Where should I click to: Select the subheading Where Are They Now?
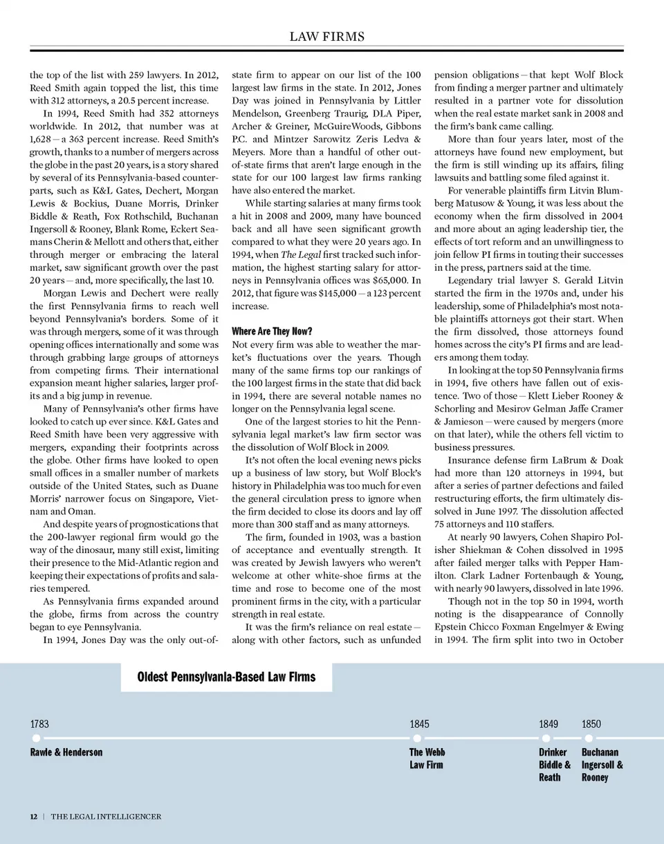[x=273, y=331]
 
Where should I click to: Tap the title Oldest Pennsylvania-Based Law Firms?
[x=226, y=677]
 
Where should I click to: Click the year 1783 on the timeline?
[x=39, y=724]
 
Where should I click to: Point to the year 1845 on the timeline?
[x=419, y=724]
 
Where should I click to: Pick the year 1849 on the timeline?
[x=548, y=724]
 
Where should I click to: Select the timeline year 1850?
[x=591, y=724]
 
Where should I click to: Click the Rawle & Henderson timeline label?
[x=66, y=752]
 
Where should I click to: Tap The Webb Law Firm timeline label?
[x=427, y=758]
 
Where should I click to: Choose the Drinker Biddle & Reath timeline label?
[x=555, y=765]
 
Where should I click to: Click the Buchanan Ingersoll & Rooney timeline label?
[x=602, y=765]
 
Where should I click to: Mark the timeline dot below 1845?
[x=417, y=738]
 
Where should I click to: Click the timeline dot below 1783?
[x=36, y=738]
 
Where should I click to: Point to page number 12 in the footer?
[x=33, y=816]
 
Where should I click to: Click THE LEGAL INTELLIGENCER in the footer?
[x=106, y=816]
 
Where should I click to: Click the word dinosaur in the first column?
[x=95, y=550]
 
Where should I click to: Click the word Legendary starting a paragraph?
[x=473, y=280]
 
